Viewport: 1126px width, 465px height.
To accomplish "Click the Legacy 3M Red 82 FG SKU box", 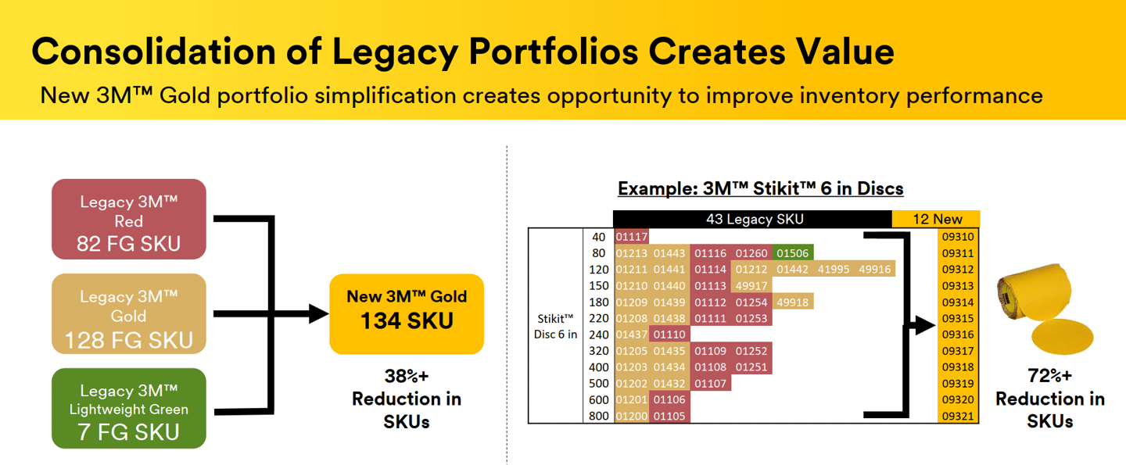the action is click(x=129, y=219).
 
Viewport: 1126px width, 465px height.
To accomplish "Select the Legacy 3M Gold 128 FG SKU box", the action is click(x=129, y=314).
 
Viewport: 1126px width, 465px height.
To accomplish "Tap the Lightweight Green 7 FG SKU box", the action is click(x=129, y=408).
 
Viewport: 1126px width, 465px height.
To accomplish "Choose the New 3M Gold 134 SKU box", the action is click(x=407, y=314).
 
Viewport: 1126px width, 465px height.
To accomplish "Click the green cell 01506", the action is click(x=793, y=253).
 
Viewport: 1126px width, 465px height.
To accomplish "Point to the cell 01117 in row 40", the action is click(x=631, y=237).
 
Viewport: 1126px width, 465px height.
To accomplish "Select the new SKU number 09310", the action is click(x=958, y=237).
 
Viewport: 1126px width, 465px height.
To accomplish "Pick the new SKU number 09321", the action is click(x=958, y=416).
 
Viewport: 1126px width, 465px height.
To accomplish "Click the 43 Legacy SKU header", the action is click(x=755, y=219).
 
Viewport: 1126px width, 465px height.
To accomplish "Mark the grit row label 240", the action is click(x=599, y=334).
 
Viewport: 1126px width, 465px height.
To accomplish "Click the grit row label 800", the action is click(x=599, y=416).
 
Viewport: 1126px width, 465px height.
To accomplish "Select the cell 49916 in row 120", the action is click(x=875, y=269).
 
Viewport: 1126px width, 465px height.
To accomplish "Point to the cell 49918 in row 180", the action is click(x=793, y=302).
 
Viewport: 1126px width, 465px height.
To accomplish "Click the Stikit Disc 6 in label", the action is click(x=555, y=327).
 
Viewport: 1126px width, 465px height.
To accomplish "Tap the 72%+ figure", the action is click(x=1049, y=375).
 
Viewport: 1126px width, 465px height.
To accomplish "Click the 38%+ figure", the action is click(x=407, y=376).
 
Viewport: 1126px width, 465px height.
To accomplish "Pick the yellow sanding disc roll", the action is click(x=1044, y=309).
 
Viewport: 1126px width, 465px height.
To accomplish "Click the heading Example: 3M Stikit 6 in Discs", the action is click(x=761, y=188).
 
